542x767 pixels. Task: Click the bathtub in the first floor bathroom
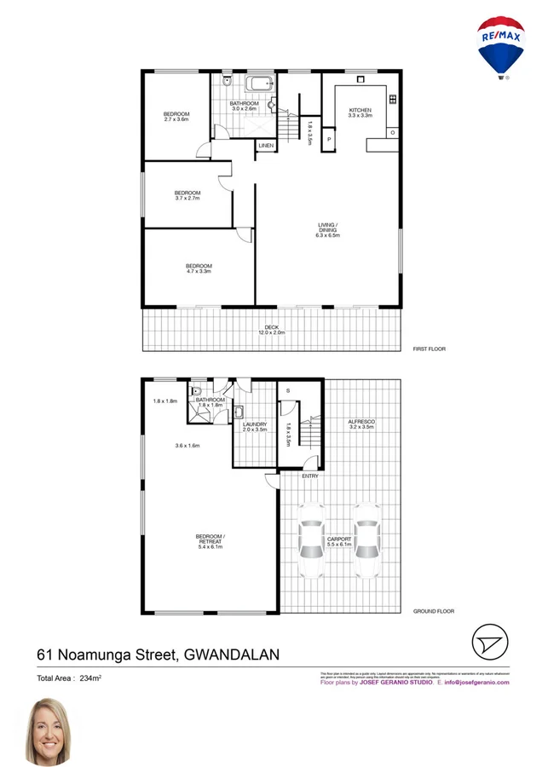(x=258, y=84)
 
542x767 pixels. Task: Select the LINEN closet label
(x=267, y=146)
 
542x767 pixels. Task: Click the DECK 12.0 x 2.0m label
(x=271, y=331)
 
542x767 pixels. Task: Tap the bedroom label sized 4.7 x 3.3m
(x=199, y=269)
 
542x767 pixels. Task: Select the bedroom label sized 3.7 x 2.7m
(x=187, y=195)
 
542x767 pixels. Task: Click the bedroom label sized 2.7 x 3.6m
(x=176, y=117)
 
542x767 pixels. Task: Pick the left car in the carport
(x=311, y=539)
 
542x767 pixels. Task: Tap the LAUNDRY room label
(x=255, y=427)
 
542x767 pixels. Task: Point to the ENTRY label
(x=310, y=476)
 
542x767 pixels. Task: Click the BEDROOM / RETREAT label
(x=210, y=541)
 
